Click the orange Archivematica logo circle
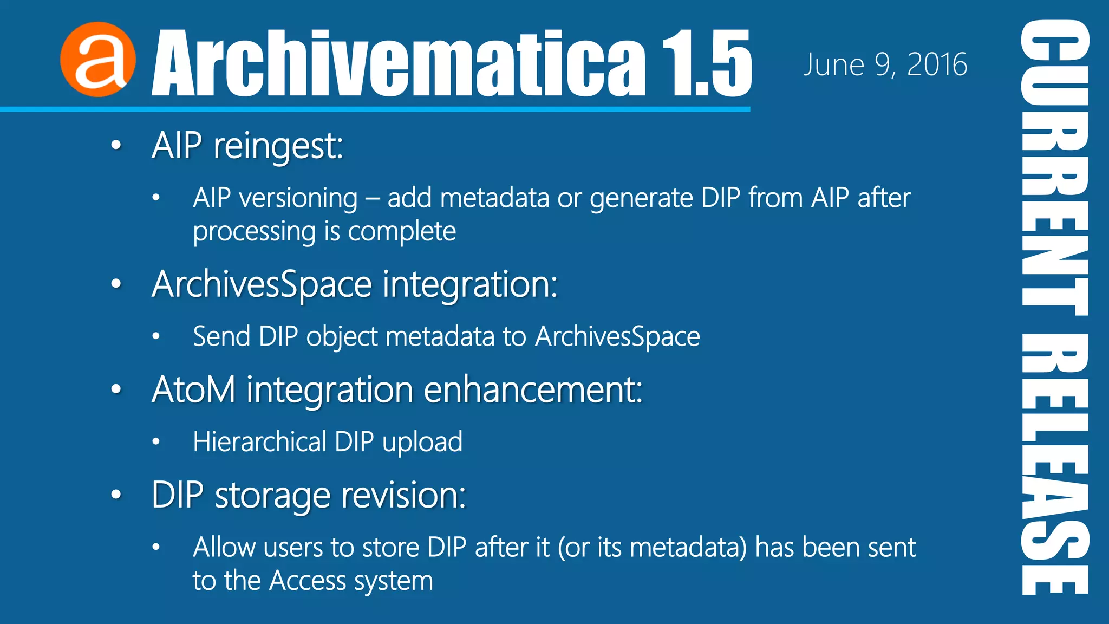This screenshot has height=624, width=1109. [x=98, y=60]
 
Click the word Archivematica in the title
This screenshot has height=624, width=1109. [x=398, y=64]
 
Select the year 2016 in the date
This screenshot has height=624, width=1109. [x=937, y=65]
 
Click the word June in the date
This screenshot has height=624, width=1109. [x=834, y=65]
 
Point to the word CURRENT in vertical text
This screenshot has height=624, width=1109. [x=1055, y=168]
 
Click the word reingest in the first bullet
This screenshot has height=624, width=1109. [x=278, y=146]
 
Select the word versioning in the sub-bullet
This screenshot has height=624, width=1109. [x=298, y=198]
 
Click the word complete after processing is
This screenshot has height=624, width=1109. [x=402, y=232]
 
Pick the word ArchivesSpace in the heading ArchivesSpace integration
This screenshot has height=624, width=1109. [x=262, y=284]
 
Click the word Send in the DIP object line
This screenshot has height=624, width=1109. [x=221, y=336]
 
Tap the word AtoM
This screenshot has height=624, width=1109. [x=194, y=389]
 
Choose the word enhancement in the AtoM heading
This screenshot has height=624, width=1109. [x=533, y=389]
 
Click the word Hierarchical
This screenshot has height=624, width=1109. [x=259, y=441]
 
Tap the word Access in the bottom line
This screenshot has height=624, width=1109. [x=307, y=581]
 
